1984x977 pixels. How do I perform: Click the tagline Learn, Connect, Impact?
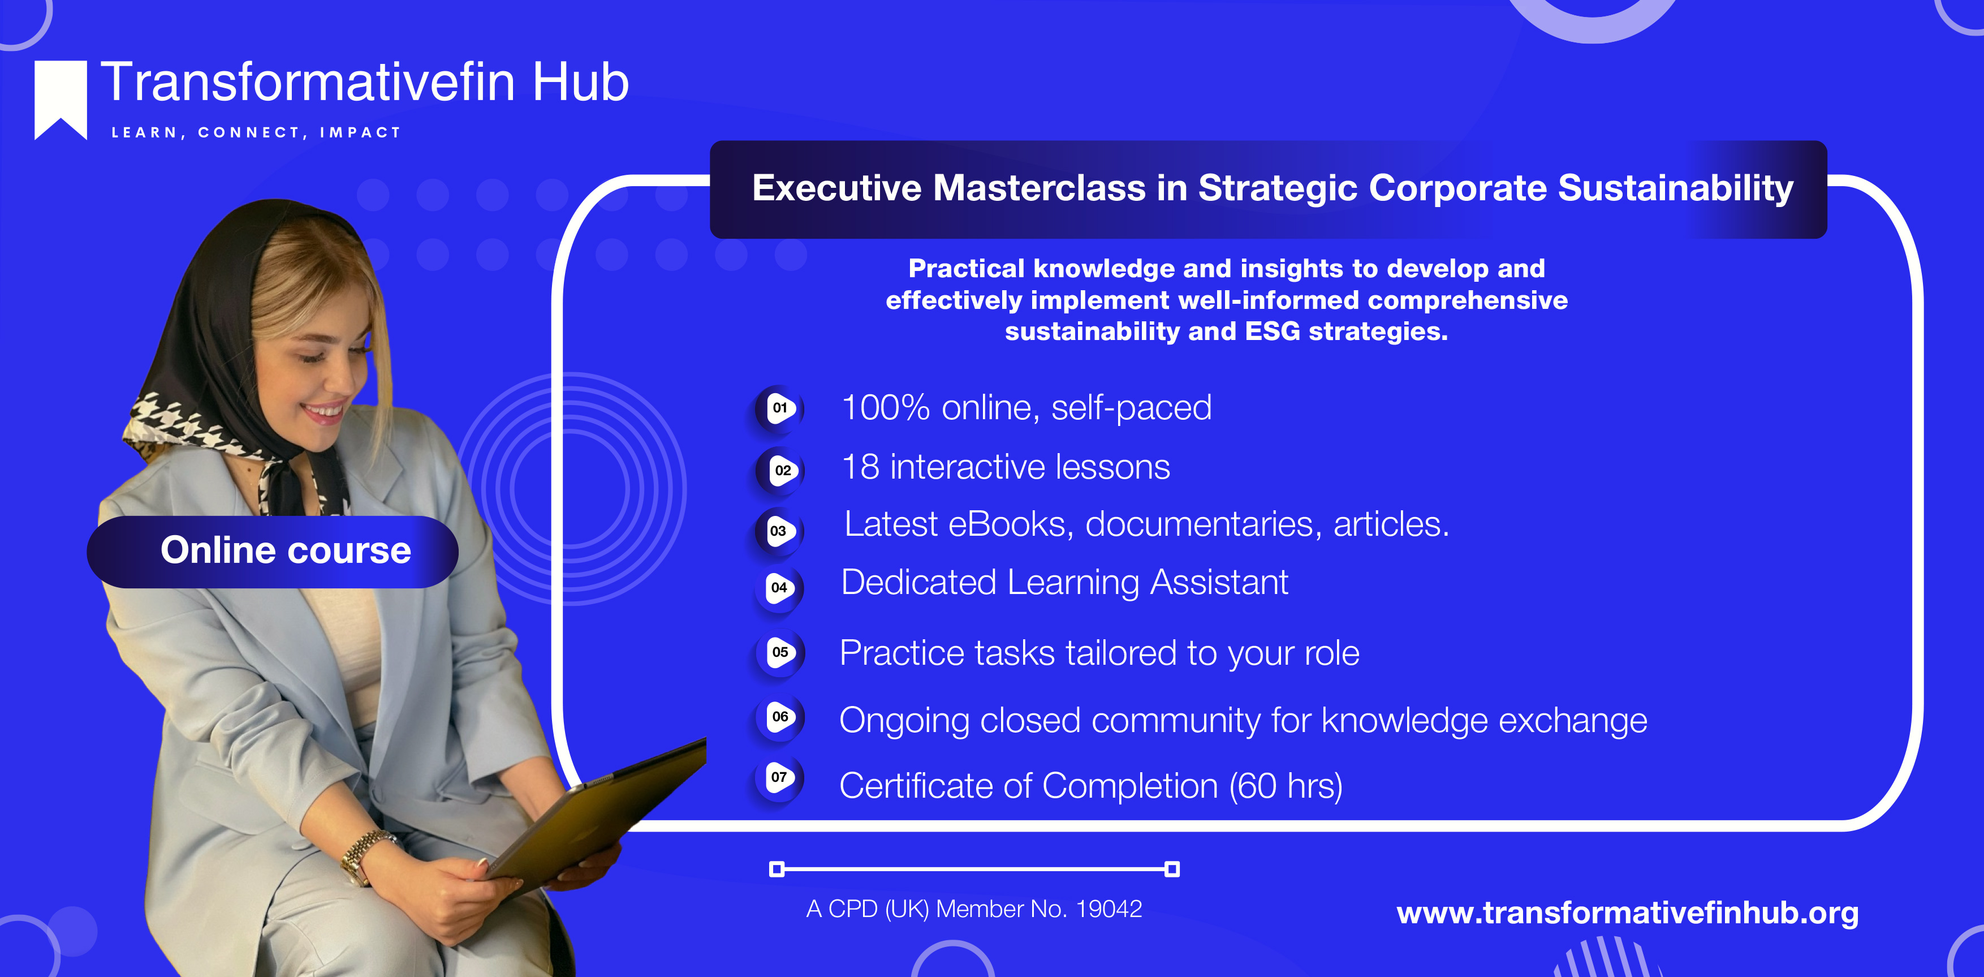(256, 132)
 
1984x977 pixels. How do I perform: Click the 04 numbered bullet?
(779, 588)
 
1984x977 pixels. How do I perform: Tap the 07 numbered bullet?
(779, 777)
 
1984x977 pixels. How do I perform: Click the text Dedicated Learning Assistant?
(1064, 583)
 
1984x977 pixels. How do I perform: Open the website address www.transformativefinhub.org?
(1627, 913)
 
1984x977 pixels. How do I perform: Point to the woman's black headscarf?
(231, 308)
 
